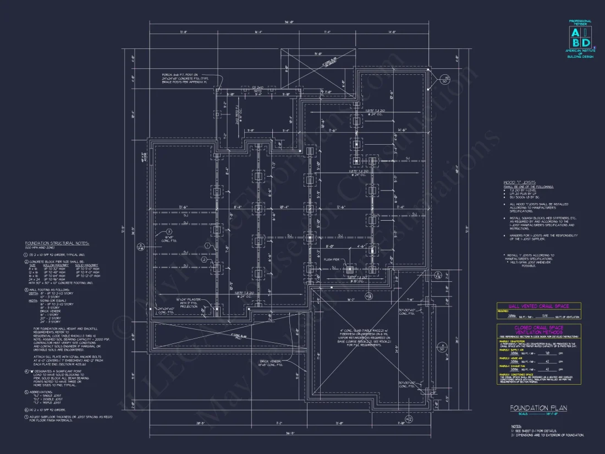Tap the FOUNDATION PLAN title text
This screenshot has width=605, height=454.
tap(538, 408)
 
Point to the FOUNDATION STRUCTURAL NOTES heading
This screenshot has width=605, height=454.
tap(57, 243)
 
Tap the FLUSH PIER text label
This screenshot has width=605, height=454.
tap(331, 260)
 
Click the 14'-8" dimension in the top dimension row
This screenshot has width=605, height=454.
tap(392, 32)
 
